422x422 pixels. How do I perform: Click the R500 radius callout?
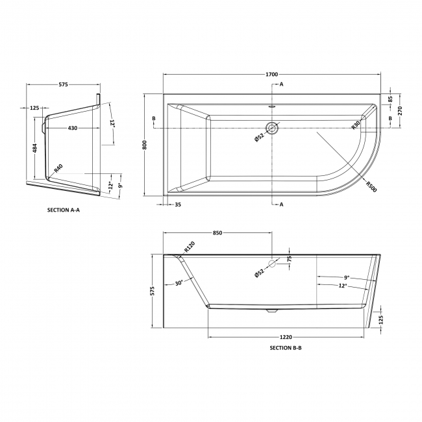click(371, 183)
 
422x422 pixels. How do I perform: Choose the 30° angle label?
click(179, 282)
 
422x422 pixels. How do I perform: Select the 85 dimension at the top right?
click(390, 99)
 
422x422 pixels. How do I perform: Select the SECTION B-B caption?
click(286, 348)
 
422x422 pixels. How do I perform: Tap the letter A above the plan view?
click(281, 84)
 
